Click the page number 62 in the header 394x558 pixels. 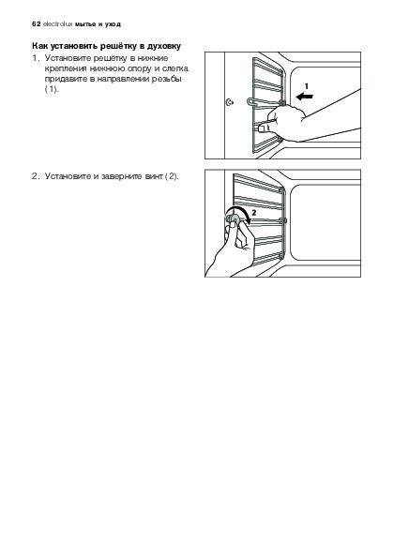36,24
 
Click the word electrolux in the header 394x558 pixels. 57,24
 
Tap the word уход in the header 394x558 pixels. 113,24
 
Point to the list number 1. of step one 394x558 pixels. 36,58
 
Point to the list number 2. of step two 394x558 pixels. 36,176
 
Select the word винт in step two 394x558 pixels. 154,176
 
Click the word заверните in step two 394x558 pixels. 122,176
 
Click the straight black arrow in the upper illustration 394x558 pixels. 304,96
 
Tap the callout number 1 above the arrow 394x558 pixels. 307,85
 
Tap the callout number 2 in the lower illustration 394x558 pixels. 254,213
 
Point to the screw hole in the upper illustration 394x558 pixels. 230,103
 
